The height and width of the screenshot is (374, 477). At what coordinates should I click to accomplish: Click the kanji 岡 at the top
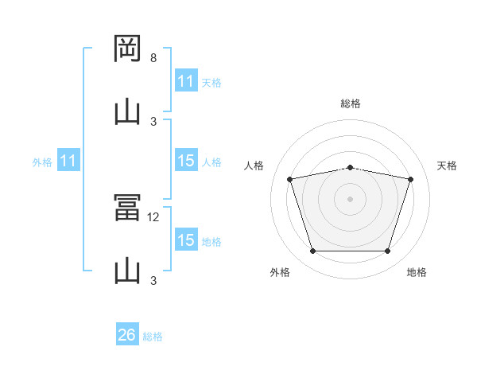tap(127, 49)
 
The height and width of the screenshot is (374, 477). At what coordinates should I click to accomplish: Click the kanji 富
tap(127, 208)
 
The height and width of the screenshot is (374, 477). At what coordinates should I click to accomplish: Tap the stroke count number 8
tap(153, 58)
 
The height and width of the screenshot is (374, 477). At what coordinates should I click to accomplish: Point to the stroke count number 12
tap(153, 217)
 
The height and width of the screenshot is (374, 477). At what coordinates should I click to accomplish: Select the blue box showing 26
tap(127, 333)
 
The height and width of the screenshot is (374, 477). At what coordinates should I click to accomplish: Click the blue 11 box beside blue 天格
tap(187, 80)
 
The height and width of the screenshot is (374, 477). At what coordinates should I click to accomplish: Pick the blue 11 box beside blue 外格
tap(68, 160)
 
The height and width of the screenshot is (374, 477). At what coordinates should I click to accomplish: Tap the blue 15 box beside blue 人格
tap(187, 160)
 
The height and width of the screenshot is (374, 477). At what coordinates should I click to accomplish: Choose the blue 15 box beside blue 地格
tap(187, 239)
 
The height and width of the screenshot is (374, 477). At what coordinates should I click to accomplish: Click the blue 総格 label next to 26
tap(153, 337)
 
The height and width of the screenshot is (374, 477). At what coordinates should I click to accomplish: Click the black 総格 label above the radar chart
tap(351, 103)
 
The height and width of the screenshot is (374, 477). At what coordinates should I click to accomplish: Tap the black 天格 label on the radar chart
tap(447, 166)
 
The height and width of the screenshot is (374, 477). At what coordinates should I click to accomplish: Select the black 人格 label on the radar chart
tap(254, 166)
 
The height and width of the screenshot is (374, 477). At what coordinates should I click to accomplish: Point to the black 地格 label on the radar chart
tap(417, 272)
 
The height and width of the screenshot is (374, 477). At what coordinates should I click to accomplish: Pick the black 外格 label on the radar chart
tap(280, 272)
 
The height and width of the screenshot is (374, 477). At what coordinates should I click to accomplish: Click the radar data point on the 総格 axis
tap(350, 168)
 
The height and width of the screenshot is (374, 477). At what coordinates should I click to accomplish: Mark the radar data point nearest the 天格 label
tap(410, 179)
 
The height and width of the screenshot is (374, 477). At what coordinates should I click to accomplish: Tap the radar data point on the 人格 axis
tap(290, 179)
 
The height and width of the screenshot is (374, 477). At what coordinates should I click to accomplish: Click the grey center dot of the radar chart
tap(350, 199)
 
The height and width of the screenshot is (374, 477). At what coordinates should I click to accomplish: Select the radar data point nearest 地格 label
tap(387, 251)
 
